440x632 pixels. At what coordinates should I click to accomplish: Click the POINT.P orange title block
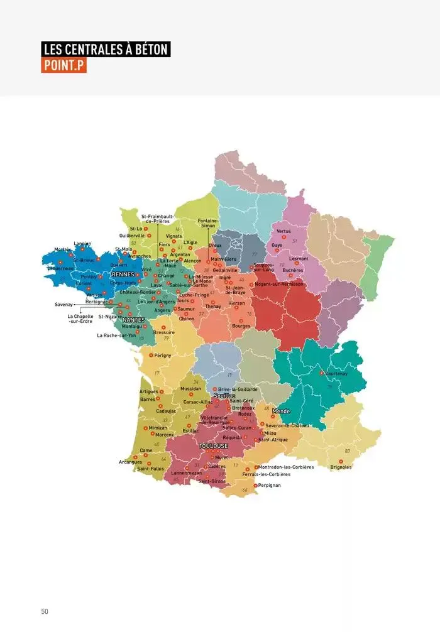click(x=63, y=65)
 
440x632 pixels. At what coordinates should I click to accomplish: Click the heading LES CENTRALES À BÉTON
click(x=106, y=50)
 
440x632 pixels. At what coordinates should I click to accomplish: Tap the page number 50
click(x=45, y=611)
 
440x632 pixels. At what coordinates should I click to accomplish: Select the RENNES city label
click(x=123, y=274)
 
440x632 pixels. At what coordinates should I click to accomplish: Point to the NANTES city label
click(x=133, y=320)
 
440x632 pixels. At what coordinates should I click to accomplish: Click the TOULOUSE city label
click(x=213, y=445)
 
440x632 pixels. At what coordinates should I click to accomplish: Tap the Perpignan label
click(x=270, y=486)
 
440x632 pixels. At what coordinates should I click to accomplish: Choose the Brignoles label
click(x=341, y=467)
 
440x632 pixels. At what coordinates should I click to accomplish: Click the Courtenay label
click(x=336, y=373)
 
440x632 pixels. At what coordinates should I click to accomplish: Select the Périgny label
click(x=163, y=356)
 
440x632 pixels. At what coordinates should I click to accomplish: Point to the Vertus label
click(x=283, y=231)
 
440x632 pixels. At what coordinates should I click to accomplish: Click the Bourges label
click(x=241, y=326)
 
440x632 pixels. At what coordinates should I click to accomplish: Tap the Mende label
click(x=281, y=411)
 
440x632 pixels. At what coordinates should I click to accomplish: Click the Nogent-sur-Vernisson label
click(x=280, y=284)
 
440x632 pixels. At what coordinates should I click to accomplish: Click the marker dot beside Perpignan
click(x=255, y=486)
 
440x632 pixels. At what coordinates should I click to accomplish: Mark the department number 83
click(x=347, y=451)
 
